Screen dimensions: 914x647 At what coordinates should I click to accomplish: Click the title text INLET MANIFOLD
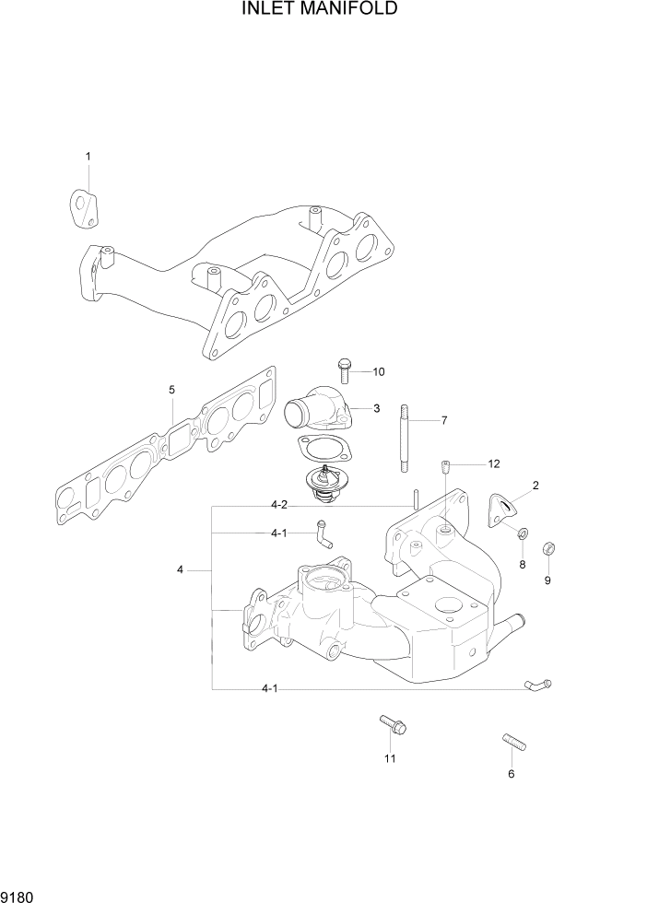point(320,10)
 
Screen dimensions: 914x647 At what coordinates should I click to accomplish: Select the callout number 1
point(88,157)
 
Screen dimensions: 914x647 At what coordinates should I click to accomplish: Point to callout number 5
point(172,390)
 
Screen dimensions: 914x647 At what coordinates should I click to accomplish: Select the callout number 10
point(378,372)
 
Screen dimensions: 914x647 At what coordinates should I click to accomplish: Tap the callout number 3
point(376,407)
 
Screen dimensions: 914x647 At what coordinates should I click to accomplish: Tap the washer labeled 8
point(522,533)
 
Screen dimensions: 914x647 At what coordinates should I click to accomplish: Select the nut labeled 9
point(547,548)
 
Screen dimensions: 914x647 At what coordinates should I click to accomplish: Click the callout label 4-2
point(280,505)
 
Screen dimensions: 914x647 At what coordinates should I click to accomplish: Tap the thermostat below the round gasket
point(323,484)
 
